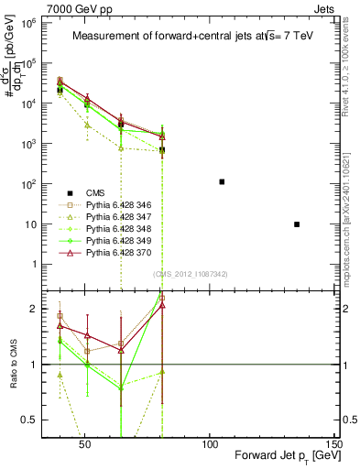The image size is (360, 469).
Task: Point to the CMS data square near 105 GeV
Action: click(222, 181)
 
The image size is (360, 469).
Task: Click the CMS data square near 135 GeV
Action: click(297, 224)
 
